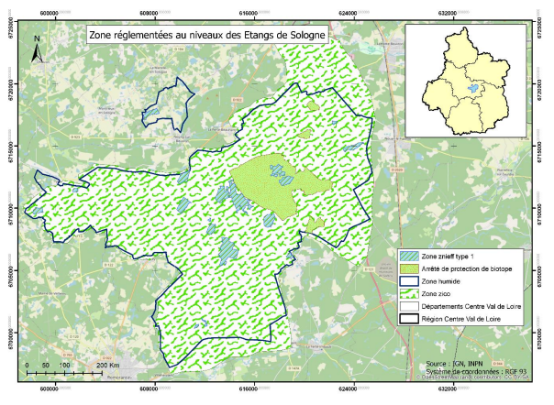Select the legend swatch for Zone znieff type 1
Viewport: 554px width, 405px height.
point(408,254)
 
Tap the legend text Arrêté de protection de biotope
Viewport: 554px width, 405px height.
point(468,268)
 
